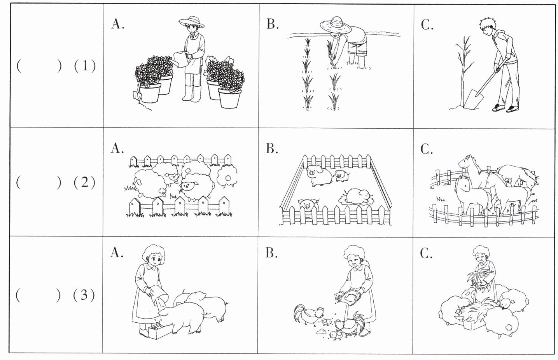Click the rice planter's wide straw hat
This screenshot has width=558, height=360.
(x=336, y=26)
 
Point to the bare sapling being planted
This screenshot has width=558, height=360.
(x=462, y=70)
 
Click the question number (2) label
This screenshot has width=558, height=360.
(x=84, y=182)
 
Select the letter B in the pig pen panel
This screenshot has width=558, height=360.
(x=272, y=149)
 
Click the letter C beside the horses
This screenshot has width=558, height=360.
(x=427, y=149)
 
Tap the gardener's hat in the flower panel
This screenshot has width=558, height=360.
(x=191, y=22)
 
